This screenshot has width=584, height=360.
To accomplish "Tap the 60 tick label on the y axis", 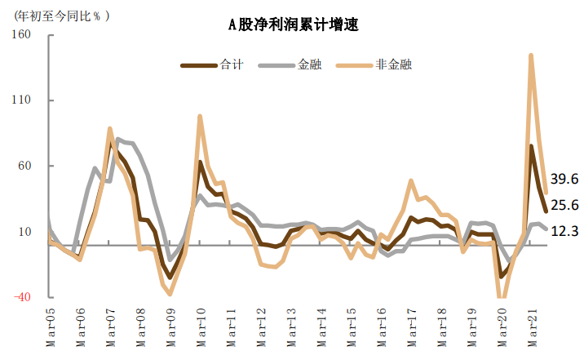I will click(24, 166).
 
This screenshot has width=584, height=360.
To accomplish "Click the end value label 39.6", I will click(564, 179).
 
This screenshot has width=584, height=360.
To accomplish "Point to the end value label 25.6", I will click(564, 205).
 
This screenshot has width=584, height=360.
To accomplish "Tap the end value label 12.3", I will click(564, 231).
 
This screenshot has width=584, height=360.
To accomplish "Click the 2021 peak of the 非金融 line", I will click(531, 56).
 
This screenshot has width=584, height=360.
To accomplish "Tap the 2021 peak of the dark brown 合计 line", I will click(531, 146).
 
